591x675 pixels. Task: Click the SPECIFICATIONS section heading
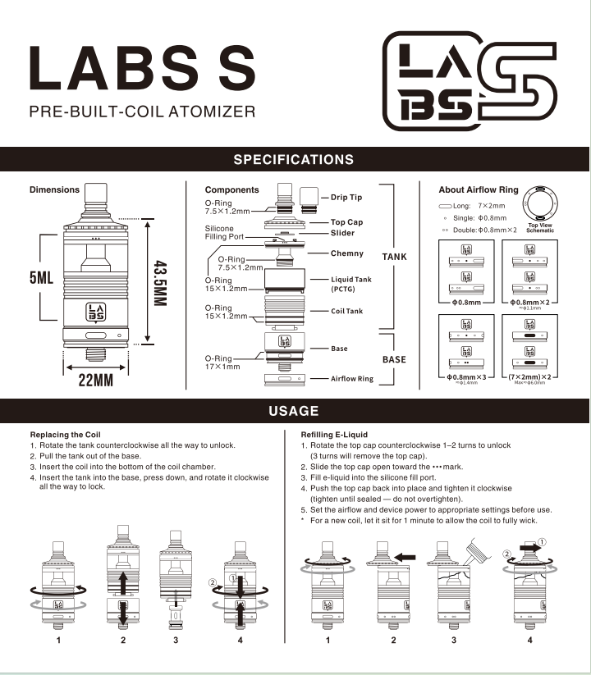pyautogui.click(x=294, y=159)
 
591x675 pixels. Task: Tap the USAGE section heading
pyautogui.click(x=294, y=411)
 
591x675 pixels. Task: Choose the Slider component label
pyautogui.click(x=343, y=233)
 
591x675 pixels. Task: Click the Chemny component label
pyautogui.click(x=347, y=253)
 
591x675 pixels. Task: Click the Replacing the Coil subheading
pyautogui.click(x=66, y=434)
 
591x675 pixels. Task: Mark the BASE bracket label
pyautogui.click(x=394, y=359)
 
